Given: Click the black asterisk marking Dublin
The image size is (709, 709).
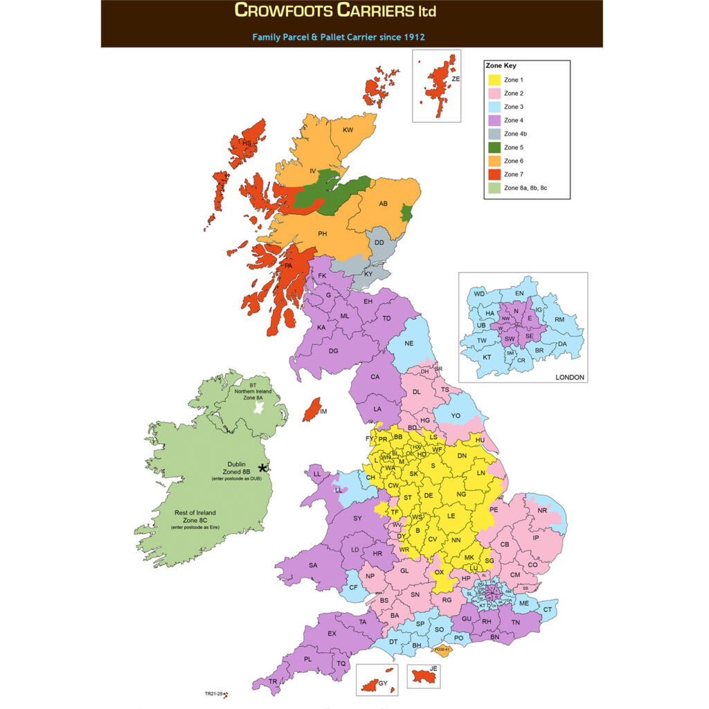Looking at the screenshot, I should pyautogui.click(x=262, y=468).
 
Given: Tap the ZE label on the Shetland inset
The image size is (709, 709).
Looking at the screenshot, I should pyautogui.click(x=455, y=80).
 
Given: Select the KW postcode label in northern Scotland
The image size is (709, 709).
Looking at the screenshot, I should pyautogui.click(x=348, y=130).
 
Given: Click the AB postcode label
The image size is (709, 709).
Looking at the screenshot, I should pyautogui.click(x=382, y=204).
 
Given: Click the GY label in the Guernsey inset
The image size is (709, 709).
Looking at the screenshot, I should pyautogui.click(x=384, y=684).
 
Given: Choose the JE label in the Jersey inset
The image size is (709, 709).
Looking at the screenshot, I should pyautogui.click(x=434, y=670).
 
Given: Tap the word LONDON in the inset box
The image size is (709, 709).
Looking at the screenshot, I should pyautogui.click(x=570, y=377).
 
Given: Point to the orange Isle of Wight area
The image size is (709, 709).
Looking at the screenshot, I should pyautogui.click(x=442, y=649).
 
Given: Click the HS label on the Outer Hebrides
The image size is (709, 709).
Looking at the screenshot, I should pyautogui.click(x=246, y=143).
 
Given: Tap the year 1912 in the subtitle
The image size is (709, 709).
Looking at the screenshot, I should pyautogui.click(x=412, y=37).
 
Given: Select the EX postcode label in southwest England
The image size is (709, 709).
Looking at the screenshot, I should pyautogui.click(x=332, y=634).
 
